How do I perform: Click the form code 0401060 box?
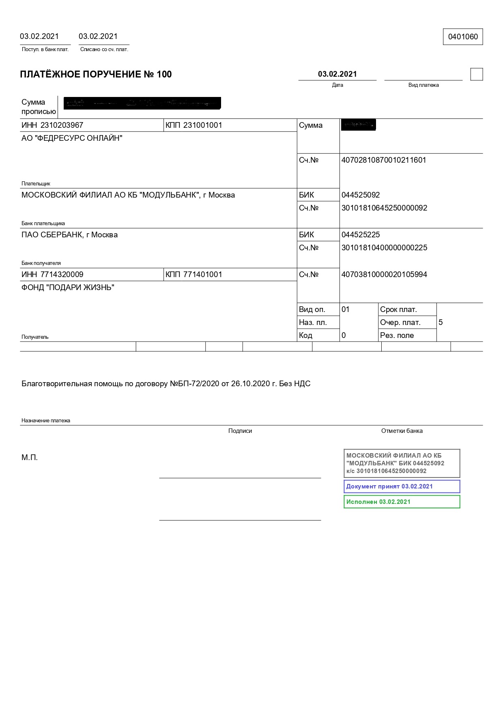(463, 37)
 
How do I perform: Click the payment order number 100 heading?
(96, 74)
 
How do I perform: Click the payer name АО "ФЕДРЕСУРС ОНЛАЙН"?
(72, 138)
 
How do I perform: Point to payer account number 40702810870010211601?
(384, 160)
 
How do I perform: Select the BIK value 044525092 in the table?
(361, 195)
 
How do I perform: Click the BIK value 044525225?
(361, 235)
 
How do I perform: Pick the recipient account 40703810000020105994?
(384, 275)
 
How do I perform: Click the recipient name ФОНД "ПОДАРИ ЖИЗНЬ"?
(68, 288)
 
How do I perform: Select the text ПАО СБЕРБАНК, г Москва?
(69, 235)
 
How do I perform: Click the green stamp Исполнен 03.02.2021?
(402, 502)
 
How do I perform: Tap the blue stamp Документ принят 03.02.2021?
(402, 486)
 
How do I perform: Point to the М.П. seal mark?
(30, 458)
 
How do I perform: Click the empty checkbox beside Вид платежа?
(477, 75)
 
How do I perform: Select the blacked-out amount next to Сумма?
(358, 125)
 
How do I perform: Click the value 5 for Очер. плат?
(441, 323)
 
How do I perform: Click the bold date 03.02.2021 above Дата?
(337, 74)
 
